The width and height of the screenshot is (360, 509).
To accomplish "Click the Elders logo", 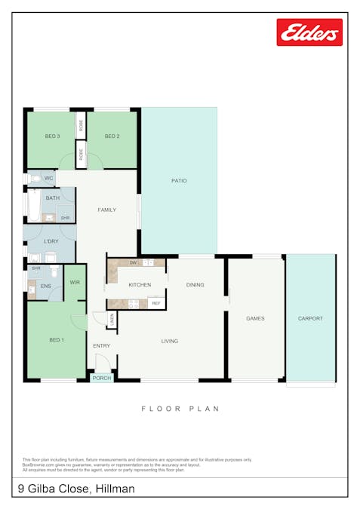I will click(309, 32).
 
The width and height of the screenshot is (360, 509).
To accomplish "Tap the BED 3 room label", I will click(52, 136).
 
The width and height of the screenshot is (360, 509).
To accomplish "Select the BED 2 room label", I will click(112, 136).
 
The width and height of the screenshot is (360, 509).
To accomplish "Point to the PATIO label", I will click(179, 181).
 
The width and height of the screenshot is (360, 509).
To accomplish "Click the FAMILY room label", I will click(106, 210).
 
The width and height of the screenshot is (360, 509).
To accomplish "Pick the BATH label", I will click(52, 198).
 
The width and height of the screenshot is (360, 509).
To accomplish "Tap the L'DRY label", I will click(51, 241).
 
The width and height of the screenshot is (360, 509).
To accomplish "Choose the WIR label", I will click(75, 282).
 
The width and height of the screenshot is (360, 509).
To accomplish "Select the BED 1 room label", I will click(56, 340).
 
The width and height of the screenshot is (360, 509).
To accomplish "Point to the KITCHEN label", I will click(140, 285).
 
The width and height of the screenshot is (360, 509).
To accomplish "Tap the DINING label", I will click(195, 284).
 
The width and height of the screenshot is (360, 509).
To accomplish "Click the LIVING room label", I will click(170, 341).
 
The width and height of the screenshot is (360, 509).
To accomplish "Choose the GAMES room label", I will click(255, 319).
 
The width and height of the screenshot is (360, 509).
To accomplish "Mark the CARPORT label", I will click(310, 319).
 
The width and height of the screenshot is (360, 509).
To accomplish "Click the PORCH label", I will click(100, 378).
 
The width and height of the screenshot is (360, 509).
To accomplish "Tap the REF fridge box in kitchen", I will click(156, 303).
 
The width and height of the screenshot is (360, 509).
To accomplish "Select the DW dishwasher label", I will click(133, 262).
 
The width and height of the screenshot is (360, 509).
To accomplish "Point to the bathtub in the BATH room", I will click(32, 205).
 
